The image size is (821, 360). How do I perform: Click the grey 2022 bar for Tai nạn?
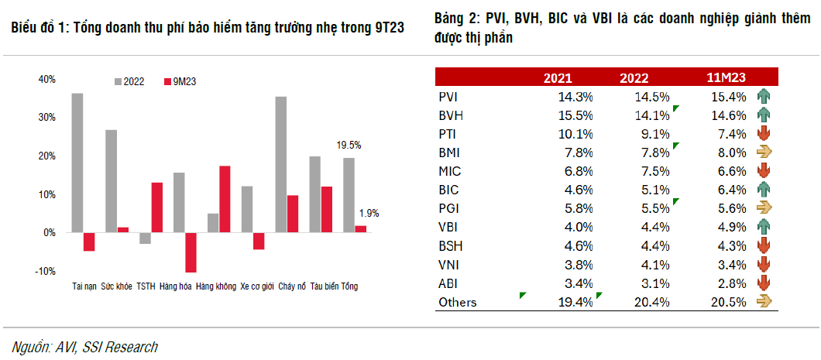pos(77,163)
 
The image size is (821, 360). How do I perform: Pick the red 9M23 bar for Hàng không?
pos(225,199)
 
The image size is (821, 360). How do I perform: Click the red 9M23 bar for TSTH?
pos(157,207)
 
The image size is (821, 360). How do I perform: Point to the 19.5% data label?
pos(349,145)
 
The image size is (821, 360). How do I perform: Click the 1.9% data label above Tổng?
pos(369,213)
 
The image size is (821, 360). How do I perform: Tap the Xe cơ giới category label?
pos(257,286)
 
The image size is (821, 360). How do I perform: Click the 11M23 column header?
pos(726,77)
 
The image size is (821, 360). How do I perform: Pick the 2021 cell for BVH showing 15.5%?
pos(575,115)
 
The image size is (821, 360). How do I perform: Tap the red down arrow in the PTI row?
pos(764,134)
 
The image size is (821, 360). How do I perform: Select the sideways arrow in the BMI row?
pos(764,153)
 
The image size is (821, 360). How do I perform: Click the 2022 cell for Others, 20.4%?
pos(651,302)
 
